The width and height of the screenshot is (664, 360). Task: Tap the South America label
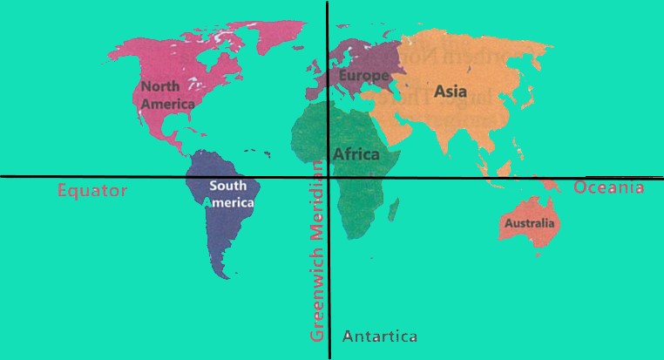(232, 194)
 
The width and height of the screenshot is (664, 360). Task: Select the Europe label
(363, 76)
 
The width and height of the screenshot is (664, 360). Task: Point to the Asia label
(451, 91)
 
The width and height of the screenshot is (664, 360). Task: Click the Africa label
(356, 154)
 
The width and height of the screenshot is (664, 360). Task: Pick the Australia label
(528, 223)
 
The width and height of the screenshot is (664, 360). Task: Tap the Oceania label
(608, 187)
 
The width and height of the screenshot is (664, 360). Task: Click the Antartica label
(380, 336)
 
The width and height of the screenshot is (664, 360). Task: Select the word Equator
(92, 190)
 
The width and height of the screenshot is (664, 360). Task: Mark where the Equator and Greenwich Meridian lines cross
(328, 177)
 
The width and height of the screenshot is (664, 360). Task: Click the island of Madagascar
(394, 209)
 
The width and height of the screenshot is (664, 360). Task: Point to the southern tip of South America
(226, 275)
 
